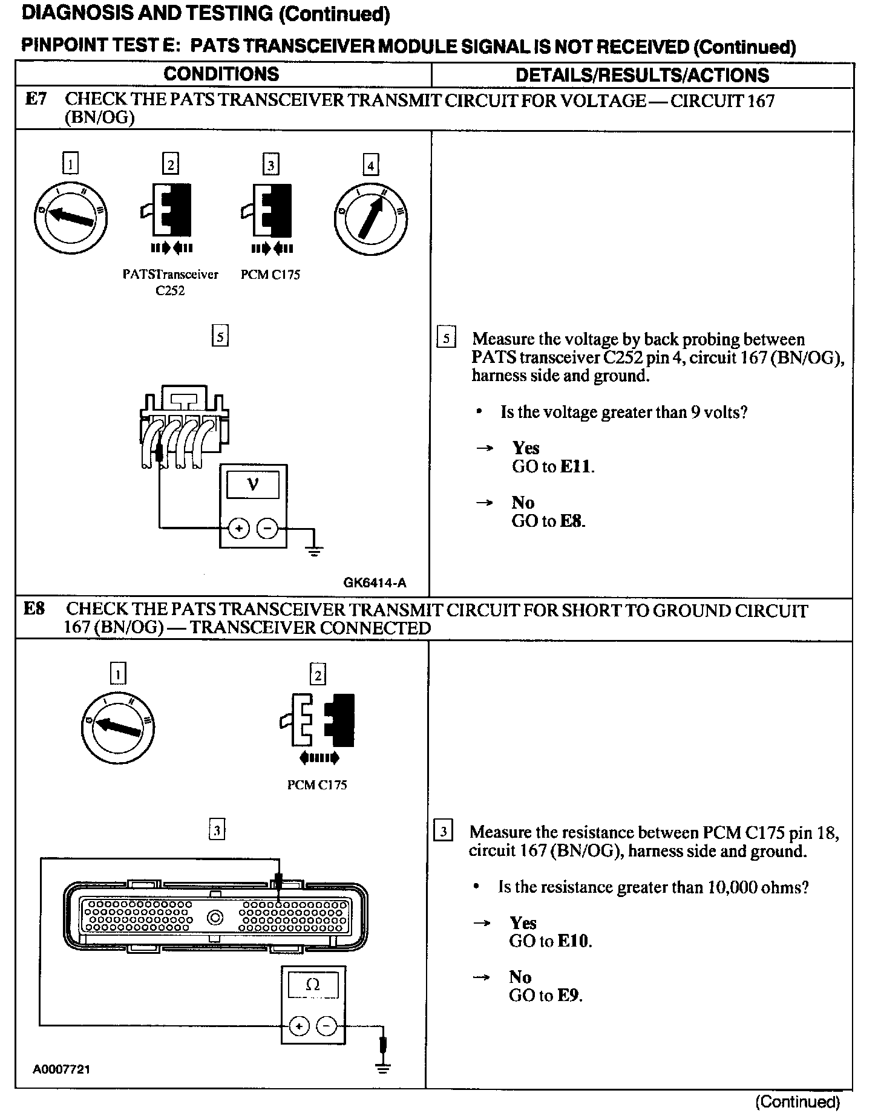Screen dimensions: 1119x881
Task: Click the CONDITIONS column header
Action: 221,74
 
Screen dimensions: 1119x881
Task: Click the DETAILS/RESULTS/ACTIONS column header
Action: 642,75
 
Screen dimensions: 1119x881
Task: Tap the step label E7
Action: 36,99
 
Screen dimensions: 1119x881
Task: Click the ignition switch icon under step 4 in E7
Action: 370,218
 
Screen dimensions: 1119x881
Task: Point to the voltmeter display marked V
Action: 254,484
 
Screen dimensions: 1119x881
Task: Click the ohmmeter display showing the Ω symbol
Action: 313,985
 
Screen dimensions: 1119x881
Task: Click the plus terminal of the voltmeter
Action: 239,529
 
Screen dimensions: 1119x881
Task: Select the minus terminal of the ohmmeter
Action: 327,1026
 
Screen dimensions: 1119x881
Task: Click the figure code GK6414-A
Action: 375,583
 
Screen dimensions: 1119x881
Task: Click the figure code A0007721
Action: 61,1069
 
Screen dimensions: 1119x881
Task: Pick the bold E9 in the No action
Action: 569,996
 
